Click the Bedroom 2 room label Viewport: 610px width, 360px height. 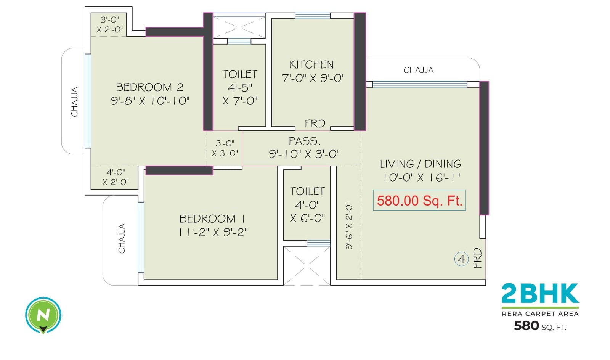pyautogui.click(x=149, y=87)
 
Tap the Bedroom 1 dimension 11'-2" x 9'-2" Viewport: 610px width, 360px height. pyautogui.click(x=213, y=232)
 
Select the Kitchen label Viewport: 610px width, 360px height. pyautogui.click(x=311, y=64)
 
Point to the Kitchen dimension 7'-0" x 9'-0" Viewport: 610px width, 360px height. pyautogui.click(x=313, y=78)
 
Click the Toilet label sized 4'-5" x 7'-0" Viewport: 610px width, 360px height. pyautogui.click(x=240, y=74)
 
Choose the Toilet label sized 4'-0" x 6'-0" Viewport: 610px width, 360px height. pyautogui.click(x=307, y=191)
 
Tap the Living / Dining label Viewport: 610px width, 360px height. pyautogui.click(x=421, y=164)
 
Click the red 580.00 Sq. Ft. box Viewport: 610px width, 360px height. pyautogui.click(x=419, y=201)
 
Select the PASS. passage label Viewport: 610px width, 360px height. pyautogui.click(x=304, y=141)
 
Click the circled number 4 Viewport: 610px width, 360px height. pyautogui.click(x=461, y=259)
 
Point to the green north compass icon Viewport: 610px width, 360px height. pyautogui.click(x=43, y=315)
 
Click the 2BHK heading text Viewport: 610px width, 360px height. pyautogui.click(x=540, y=294)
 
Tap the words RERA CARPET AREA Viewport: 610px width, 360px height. pyautogui.click(x=540, y=314)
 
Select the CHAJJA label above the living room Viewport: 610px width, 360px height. pyautogui.click(x=419, y=70)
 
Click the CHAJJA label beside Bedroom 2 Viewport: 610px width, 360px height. pyautogui.click(x=75, y=102)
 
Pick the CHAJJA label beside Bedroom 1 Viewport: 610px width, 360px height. pyautogui.click(x=122, y=239)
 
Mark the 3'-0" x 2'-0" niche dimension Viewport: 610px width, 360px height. pyautogui.click(x=109, y=24)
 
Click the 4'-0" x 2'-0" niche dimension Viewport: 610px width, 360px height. pyautogui.click(x=115, y=177)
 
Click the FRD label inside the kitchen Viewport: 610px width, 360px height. pyautogui.click(x=315, y=124)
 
